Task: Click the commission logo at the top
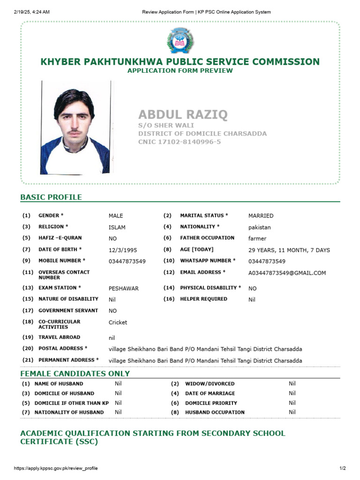180,40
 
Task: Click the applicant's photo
76,127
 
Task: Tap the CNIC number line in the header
180,142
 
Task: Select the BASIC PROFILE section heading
51,197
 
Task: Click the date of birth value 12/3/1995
123,250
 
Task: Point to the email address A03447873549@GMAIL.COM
287,273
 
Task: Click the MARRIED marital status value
261,216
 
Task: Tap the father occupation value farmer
257,239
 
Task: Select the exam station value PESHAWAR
124,289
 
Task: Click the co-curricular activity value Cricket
118,322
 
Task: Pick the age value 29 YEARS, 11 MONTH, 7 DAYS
289,250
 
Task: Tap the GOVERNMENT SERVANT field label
68,310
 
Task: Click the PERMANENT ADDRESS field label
68,360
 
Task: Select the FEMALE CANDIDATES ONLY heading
75,374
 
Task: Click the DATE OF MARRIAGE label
210,393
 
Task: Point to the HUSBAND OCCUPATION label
215,412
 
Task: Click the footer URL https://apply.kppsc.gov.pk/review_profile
56,468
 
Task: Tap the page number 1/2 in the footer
342,468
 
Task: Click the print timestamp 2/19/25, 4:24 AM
32,12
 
